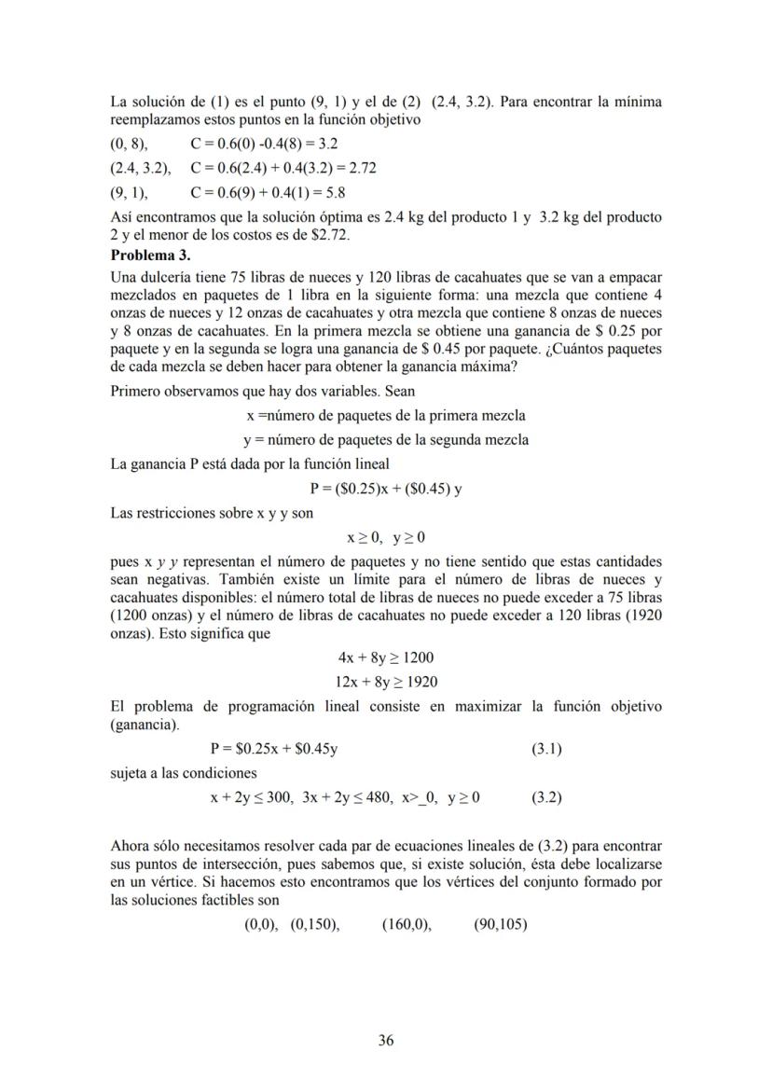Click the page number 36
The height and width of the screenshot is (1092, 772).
[x=386, y=1041]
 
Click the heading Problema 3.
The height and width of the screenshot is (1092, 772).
[x=150, y=255]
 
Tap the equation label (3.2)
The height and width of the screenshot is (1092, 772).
[x=546, y=797]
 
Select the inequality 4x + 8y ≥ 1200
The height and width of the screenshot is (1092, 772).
[x=386, y=657]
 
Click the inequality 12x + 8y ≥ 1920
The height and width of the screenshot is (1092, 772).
[x=386, y=682]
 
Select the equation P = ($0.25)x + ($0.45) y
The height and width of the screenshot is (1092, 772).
[x=386, y=488]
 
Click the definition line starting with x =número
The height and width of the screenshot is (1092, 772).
[x=386, y=415]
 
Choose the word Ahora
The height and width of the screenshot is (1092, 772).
[x=131, y=846]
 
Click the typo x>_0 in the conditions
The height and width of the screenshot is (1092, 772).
[x=420, y=797]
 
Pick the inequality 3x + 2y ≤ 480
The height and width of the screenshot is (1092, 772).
[x=345, y=797]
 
